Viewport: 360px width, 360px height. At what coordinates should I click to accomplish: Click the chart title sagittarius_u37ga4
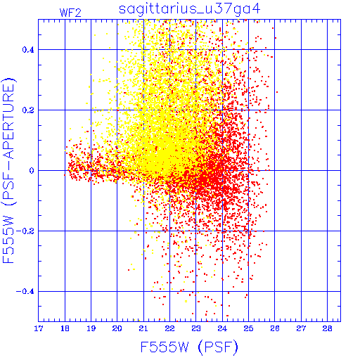tap(190, 9)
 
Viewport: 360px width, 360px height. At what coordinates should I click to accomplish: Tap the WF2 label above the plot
tap(70, 13)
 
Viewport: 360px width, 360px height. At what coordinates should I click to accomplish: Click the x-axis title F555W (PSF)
tap(189, 347)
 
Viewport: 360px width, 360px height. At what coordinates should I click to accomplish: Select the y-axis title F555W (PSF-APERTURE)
tap(8, 170)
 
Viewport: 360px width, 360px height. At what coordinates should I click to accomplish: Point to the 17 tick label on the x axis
tap(39, 328)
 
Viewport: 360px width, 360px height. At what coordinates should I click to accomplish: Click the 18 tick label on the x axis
tap(65, 328)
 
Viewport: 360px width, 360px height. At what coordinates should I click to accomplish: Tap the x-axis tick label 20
tap(117, 328)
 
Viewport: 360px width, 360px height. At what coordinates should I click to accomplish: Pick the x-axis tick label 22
tap(169, 328)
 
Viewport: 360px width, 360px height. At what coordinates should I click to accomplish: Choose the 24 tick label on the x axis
tap(222, 328)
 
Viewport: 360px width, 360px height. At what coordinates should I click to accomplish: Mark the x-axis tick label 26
tap(275, 328)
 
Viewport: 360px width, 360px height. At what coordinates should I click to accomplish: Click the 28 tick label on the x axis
tap(327, 328)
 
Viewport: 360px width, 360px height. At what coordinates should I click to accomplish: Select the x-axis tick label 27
tap(301, 328)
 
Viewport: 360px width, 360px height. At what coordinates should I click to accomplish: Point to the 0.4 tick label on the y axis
tap(28, 50)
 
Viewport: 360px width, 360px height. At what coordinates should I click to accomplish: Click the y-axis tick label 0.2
tap(28, 110)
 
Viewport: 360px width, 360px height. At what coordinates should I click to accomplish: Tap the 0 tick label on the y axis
tap(32, 171)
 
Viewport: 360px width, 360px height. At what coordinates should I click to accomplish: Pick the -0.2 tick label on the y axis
tap(25, 231)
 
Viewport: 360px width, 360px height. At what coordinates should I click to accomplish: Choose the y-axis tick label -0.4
tap(25, 292)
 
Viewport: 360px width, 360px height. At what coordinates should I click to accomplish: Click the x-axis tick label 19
tap(91, 328)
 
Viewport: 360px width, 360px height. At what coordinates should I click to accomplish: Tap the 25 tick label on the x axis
tap(248, 328)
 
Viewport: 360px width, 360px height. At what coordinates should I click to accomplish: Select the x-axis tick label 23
tap(196, 328)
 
